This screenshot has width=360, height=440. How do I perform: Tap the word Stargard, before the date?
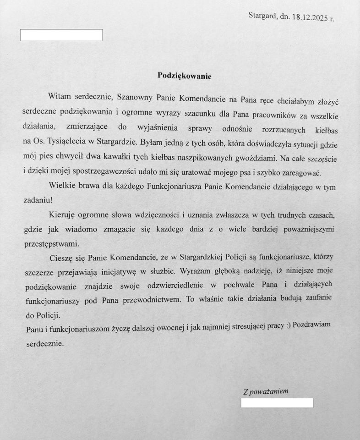262,16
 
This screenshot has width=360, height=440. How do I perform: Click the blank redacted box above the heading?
61,35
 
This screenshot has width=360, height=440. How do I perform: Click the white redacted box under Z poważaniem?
277,403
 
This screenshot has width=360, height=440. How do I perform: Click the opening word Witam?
59,97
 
